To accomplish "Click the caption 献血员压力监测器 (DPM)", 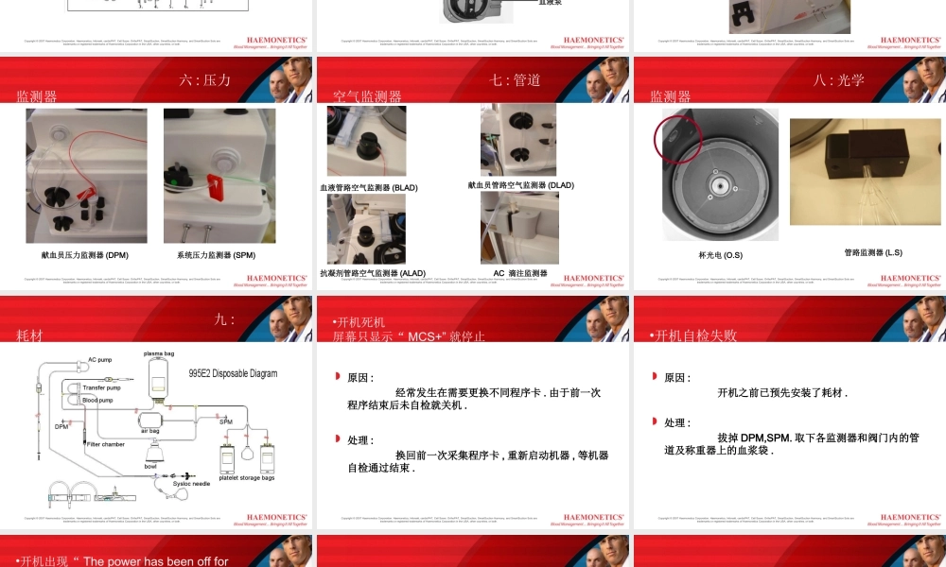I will point(84,255).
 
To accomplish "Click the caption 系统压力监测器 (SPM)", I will point(216,255).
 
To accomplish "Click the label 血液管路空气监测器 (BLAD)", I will point(368,188).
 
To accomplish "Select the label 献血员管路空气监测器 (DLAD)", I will point(520,185).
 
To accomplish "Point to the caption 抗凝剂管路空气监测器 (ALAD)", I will point(373,273).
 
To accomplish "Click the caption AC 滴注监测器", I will point(520,273).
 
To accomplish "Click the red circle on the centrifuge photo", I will point(677,139).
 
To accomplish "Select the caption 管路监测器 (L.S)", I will point(873,252).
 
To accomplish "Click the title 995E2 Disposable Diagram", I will point(233,373).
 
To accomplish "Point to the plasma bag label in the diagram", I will point(158,353).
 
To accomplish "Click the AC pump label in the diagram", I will point(99,359).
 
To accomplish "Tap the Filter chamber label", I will point(106,444).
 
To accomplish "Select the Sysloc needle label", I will point(191,483).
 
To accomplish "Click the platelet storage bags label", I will point(246,478).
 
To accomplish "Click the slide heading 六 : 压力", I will point(205,80).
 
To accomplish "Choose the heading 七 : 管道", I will point(516,80).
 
